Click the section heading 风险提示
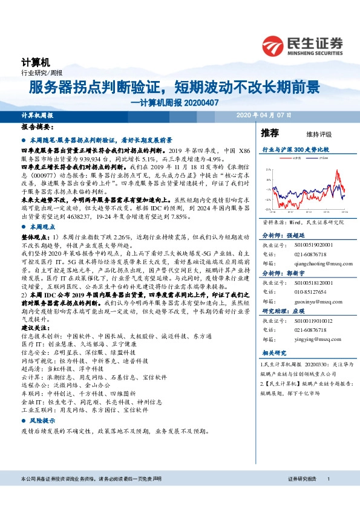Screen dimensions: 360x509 pyautogui.click(x=42, y=420)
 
